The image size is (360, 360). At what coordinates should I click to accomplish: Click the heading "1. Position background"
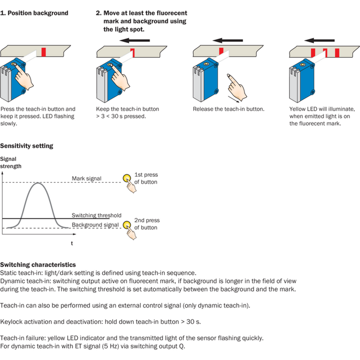(34, 13)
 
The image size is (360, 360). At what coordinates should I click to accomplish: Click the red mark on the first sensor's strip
(43, 52)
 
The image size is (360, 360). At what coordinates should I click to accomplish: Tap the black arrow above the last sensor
(319, 41)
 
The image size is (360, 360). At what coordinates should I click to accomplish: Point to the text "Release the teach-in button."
(229, 109)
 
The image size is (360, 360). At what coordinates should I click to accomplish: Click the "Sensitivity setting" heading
(26, 146)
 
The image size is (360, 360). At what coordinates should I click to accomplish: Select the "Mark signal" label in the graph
(86, 178)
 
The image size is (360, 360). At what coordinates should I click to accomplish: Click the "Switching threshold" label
(96, 215)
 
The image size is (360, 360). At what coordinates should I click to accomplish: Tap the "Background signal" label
(95, 225)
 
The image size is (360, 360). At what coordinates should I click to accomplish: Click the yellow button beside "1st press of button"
(127, 178)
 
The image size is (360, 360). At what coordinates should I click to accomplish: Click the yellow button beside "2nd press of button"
(127, 225)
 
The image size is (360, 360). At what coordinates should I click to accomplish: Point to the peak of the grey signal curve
(38, 183)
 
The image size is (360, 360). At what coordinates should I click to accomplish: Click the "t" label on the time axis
(72, 244)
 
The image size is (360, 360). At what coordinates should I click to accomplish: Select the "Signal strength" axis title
(11, 163)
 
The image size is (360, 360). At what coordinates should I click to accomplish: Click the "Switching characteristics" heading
(38, 265)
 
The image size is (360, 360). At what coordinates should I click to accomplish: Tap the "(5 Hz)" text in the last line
(111, 346)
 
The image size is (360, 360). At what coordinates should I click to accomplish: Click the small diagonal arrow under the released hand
(233, 99)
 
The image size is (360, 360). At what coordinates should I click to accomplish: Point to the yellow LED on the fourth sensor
(303, 65)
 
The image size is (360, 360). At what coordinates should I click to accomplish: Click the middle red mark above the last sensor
(326, 53)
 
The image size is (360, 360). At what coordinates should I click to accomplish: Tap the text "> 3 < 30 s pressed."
(121, 116)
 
